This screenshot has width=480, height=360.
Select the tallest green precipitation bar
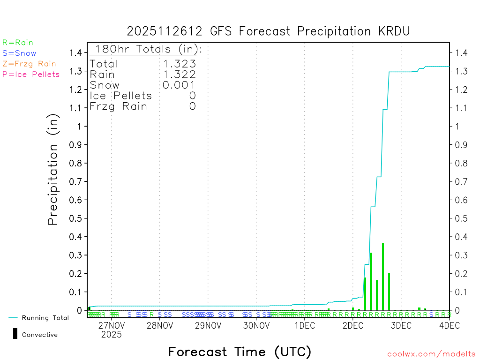[x=383, y=276]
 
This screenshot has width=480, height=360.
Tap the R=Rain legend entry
[x=18, y=43]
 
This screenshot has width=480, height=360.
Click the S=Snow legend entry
[x=19, y=53]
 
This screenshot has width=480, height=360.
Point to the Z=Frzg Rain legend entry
[x=29, y=64]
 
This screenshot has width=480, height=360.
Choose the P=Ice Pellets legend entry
[x=31, y=74]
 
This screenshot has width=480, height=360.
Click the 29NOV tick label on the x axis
[x=208, y=325]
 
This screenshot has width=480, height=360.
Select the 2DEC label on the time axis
[x=353, y=325]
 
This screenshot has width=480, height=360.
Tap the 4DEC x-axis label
[x=449, y=325]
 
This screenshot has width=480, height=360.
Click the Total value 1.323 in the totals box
[x=179, y=64]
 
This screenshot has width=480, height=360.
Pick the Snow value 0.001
[x=179, y=85]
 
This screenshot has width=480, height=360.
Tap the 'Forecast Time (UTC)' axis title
[x=240, y=352]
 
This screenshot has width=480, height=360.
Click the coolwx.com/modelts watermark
[x=431, y=354]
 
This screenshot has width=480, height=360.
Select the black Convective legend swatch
[x=15, y=334]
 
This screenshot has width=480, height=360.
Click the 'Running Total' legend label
[x=45, y=318]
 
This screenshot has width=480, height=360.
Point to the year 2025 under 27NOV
[x=111, y=335]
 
